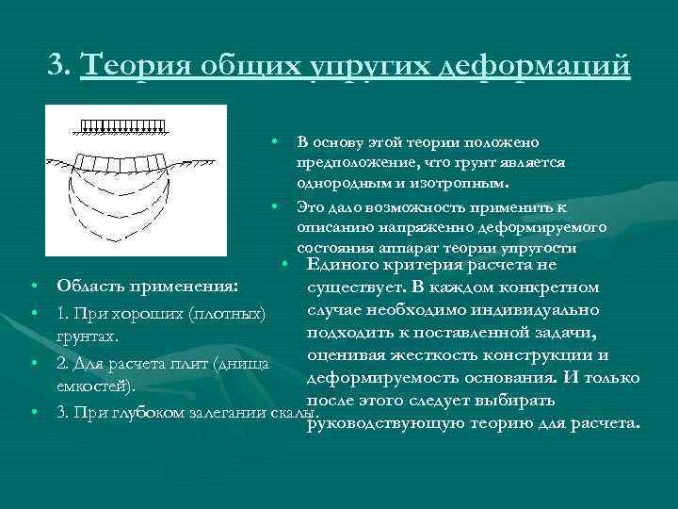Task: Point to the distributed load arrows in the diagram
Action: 123,125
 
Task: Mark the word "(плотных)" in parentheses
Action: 228,313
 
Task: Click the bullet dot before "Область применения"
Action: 33,287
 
